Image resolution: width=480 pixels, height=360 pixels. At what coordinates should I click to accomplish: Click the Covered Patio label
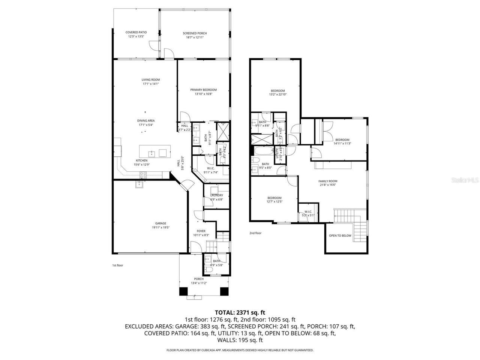click(x=136, y=33)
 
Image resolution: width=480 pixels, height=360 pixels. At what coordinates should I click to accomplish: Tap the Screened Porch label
click(x=195, y=33)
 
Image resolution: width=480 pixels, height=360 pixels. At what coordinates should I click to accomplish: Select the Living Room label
click(x=150, y=79)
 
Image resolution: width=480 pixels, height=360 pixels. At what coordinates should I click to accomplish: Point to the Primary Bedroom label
click(x=203, y=90)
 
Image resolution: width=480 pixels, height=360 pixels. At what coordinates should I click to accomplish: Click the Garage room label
click(x=160, y=223)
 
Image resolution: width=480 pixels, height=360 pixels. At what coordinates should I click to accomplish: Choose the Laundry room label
click(x=216, y=195)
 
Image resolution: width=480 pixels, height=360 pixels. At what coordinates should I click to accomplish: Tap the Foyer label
click(x=201, y=231)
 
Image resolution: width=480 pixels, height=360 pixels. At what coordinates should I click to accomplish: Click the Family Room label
click(x=328, y=181)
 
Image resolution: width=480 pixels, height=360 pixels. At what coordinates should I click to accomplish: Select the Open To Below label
click(x=340, y=236)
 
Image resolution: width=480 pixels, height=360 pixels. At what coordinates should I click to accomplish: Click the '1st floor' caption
click(x=117, y=265)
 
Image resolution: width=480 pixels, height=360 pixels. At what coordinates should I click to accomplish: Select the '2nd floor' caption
click(x=255, y=233)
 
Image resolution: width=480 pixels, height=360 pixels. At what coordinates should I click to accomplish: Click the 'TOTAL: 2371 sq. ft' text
click(x=240, y=312)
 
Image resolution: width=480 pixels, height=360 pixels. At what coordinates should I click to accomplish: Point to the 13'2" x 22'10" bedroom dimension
click(x=277, y=94)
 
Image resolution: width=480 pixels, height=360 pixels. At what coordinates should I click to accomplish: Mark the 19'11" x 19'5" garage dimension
click(x=160, y=227)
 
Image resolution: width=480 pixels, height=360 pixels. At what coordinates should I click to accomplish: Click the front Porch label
click(x=198, y=279)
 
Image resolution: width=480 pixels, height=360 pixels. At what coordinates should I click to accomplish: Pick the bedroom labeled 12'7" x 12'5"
click(x=274, y=198)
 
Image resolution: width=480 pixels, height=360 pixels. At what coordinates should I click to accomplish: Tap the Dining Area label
click(x=146, y=121)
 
